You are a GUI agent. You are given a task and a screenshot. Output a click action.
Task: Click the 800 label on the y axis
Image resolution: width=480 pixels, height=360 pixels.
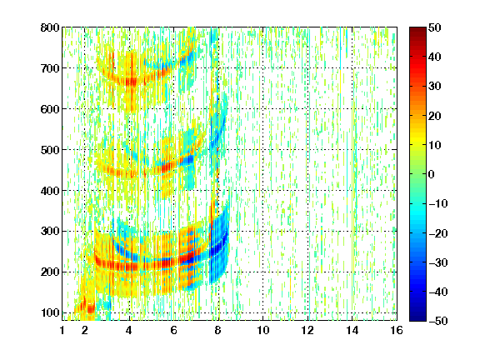tap(50, 27)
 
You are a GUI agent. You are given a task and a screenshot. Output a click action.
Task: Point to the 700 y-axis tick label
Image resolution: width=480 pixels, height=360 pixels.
tap(50, 68)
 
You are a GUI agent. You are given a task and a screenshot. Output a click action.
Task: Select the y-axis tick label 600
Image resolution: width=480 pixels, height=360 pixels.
tap(50, 109)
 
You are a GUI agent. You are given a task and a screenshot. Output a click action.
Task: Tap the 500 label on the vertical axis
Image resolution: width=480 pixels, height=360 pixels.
tap(50, 150)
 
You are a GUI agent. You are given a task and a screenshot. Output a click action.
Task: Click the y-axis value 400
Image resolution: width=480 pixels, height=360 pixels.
tap(50, 191)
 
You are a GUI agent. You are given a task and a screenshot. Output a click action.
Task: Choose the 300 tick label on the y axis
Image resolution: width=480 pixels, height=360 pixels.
tap(50, 232)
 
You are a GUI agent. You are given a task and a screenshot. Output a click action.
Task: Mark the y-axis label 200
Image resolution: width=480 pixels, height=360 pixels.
tap(50, 272)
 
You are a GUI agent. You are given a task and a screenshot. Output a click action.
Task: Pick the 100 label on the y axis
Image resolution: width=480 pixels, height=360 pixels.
tap(50, 312)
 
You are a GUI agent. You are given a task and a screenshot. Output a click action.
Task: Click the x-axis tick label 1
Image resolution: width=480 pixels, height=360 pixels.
tap(62, 330)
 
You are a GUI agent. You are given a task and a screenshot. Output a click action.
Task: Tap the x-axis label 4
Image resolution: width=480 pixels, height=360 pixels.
tap(129, 330)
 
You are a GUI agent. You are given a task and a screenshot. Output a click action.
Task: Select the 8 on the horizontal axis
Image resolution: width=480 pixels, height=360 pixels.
tap(218, 330)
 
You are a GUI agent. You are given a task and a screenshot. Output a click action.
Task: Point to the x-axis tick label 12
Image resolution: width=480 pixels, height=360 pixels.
tap(307, 330)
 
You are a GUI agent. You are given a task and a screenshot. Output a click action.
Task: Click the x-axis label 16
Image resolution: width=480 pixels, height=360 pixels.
tap(397, 330)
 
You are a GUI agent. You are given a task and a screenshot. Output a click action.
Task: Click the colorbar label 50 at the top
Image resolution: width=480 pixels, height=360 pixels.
tap(434, 27)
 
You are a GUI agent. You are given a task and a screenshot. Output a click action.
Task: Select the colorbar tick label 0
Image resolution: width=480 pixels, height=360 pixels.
tap(432, 174)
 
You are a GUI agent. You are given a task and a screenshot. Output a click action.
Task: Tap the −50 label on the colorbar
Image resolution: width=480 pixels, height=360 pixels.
tap(438, 321)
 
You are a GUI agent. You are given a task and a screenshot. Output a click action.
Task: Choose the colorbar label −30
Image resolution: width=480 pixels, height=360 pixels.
tap(438, 262)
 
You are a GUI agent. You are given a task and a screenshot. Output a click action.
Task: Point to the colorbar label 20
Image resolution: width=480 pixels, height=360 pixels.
tap(434, 116)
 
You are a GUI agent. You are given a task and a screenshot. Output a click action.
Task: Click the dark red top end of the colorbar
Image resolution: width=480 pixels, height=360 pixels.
tap(417, 29)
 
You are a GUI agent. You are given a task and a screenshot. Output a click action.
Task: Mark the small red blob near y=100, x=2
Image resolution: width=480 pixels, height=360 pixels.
tap(91, 308)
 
